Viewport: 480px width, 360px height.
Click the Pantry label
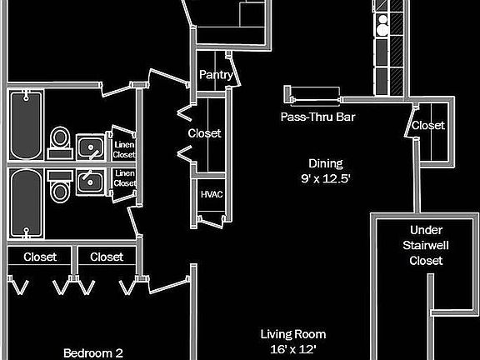tap(216, 75)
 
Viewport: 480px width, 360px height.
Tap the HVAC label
tap(212, 194)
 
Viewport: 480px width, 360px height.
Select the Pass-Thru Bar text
tap(317, 117)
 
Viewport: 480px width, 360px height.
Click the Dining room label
tap(325, 164)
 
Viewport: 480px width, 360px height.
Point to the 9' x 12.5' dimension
tap(325, 178)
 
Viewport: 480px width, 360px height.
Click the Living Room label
tap(293, 334)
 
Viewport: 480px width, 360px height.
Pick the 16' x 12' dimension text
tap(293, 348)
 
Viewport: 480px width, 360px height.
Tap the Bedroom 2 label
tap(93, 353)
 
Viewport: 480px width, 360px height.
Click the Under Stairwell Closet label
tap(426, 245)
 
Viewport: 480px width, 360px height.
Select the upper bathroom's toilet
tap(60, 143)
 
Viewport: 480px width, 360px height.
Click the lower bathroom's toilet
tap(60, 187)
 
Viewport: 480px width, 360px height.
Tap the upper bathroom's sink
tap(90, 147)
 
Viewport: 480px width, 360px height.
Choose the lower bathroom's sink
tap(90, 182)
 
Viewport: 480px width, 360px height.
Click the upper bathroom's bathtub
tap(26, 125)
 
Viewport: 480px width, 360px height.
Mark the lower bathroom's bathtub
tap(26, 203)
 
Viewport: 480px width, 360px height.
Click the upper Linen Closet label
tap(124, 149)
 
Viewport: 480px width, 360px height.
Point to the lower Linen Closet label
tap(125, 178)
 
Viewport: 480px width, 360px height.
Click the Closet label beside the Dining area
tap(428, 125)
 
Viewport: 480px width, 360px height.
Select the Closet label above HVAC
tap(204, 133)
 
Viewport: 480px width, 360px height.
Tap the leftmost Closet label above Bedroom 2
tap(40, 257)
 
